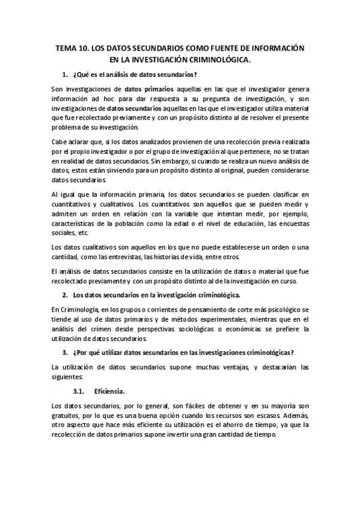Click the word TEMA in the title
[x=65, y=48]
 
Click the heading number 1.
[x=65, y=74]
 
